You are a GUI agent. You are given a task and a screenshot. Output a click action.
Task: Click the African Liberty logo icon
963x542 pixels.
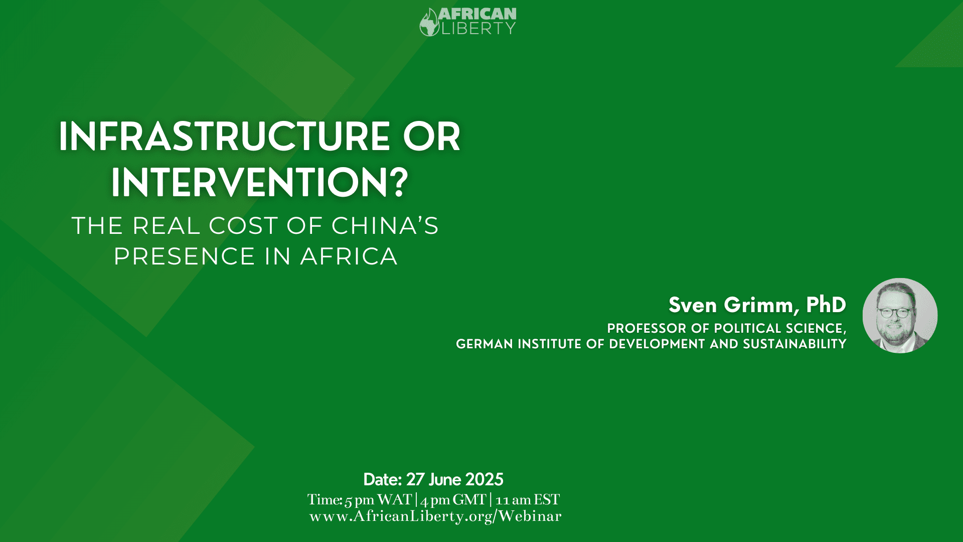(x=429, y=23)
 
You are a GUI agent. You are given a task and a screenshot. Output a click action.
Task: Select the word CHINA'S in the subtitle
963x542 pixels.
(x=385, y=225)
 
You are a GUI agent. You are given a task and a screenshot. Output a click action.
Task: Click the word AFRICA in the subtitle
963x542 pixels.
(x=349, y=256)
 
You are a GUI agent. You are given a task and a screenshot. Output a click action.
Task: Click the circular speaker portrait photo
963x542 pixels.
(x=900, y=316)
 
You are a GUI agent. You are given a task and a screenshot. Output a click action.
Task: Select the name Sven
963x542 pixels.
(x=693, y=305)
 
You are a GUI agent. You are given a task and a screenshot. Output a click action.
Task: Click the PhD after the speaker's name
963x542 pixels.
(x=826, y=305)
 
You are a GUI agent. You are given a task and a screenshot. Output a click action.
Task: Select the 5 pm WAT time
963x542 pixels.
(x=378, y=500)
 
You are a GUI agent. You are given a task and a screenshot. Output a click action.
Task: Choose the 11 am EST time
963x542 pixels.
(x=528, y=500)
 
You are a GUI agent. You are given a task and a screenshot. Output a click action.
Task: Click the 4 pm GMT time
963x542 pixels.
(x=453, y=500)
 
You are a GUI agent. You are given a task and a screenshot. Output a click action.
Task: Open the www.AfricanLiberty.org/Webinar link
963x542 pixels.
(x=435, y=516)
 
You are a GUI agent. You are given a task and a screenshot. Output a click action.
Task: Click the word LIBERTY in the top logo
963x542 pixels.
(x=478, y=29)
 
